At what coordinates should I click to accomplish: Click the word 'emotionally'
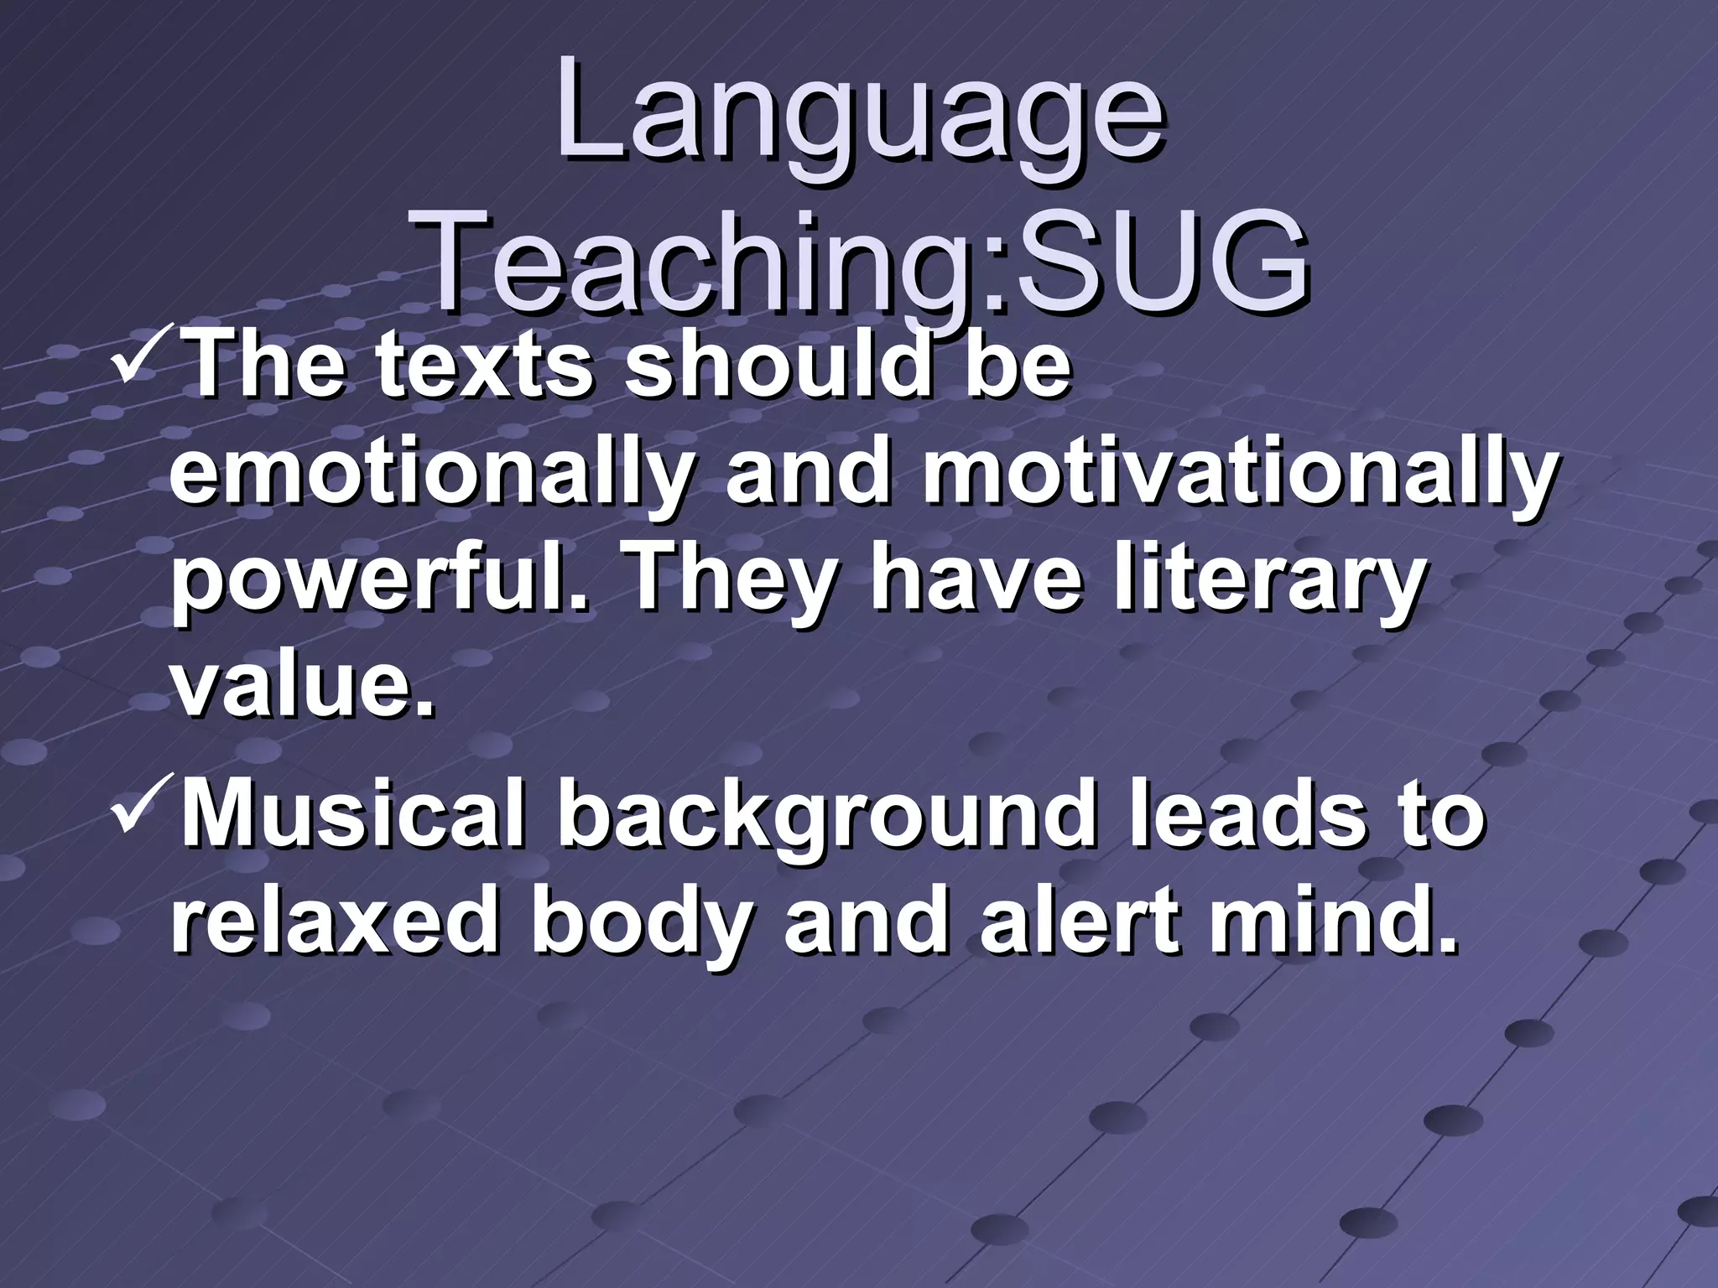[428, 475]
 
